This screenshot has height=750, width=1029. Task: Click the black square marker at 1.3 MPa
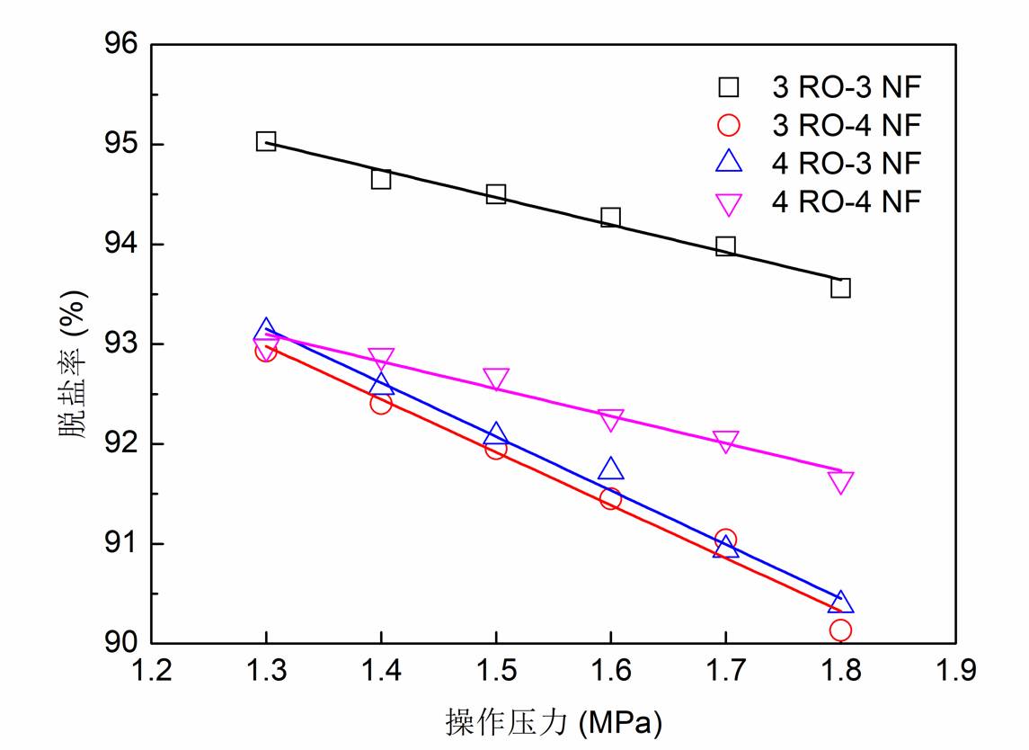point(265,141)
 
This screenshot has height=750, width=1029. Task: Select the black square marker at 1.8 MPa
point(840,288)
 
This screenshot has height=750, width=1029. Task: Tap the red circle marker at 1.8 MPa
point(840,629)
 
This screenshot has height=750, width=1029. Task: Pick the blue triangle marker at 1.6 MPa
point(610,469)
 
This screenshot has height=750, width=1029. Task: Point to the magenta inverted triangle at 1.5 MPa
point(495,379)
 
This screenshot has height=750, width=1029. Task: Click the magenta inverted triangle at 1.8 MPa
point(840,483)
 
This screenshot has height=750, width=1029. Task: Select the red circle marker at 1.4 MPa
point(380,403)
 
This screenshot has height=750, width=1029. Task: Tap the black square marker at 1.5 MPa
point(495,194)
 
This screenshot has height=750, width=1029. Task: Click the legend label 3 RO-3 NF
point(847,87)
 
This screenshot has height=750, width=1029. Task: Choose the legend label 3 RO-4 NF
point(847,125)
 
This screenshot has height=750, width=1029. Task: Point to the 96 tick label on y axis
point(121,45)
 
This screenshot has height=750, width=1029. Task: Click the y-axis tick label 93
point(121,344)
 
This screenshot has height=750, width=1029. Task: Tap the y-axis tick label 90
point(121,644)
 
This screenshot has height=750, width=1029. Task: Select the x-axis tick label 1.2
point(150,671)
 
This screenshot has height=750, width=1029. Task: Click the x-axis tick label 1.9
point(955,671)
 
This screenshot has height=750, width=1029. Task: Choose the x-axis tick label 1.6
point(610,671)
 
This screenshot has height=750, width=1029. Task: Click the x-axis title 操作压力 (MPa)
point(553,721)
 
